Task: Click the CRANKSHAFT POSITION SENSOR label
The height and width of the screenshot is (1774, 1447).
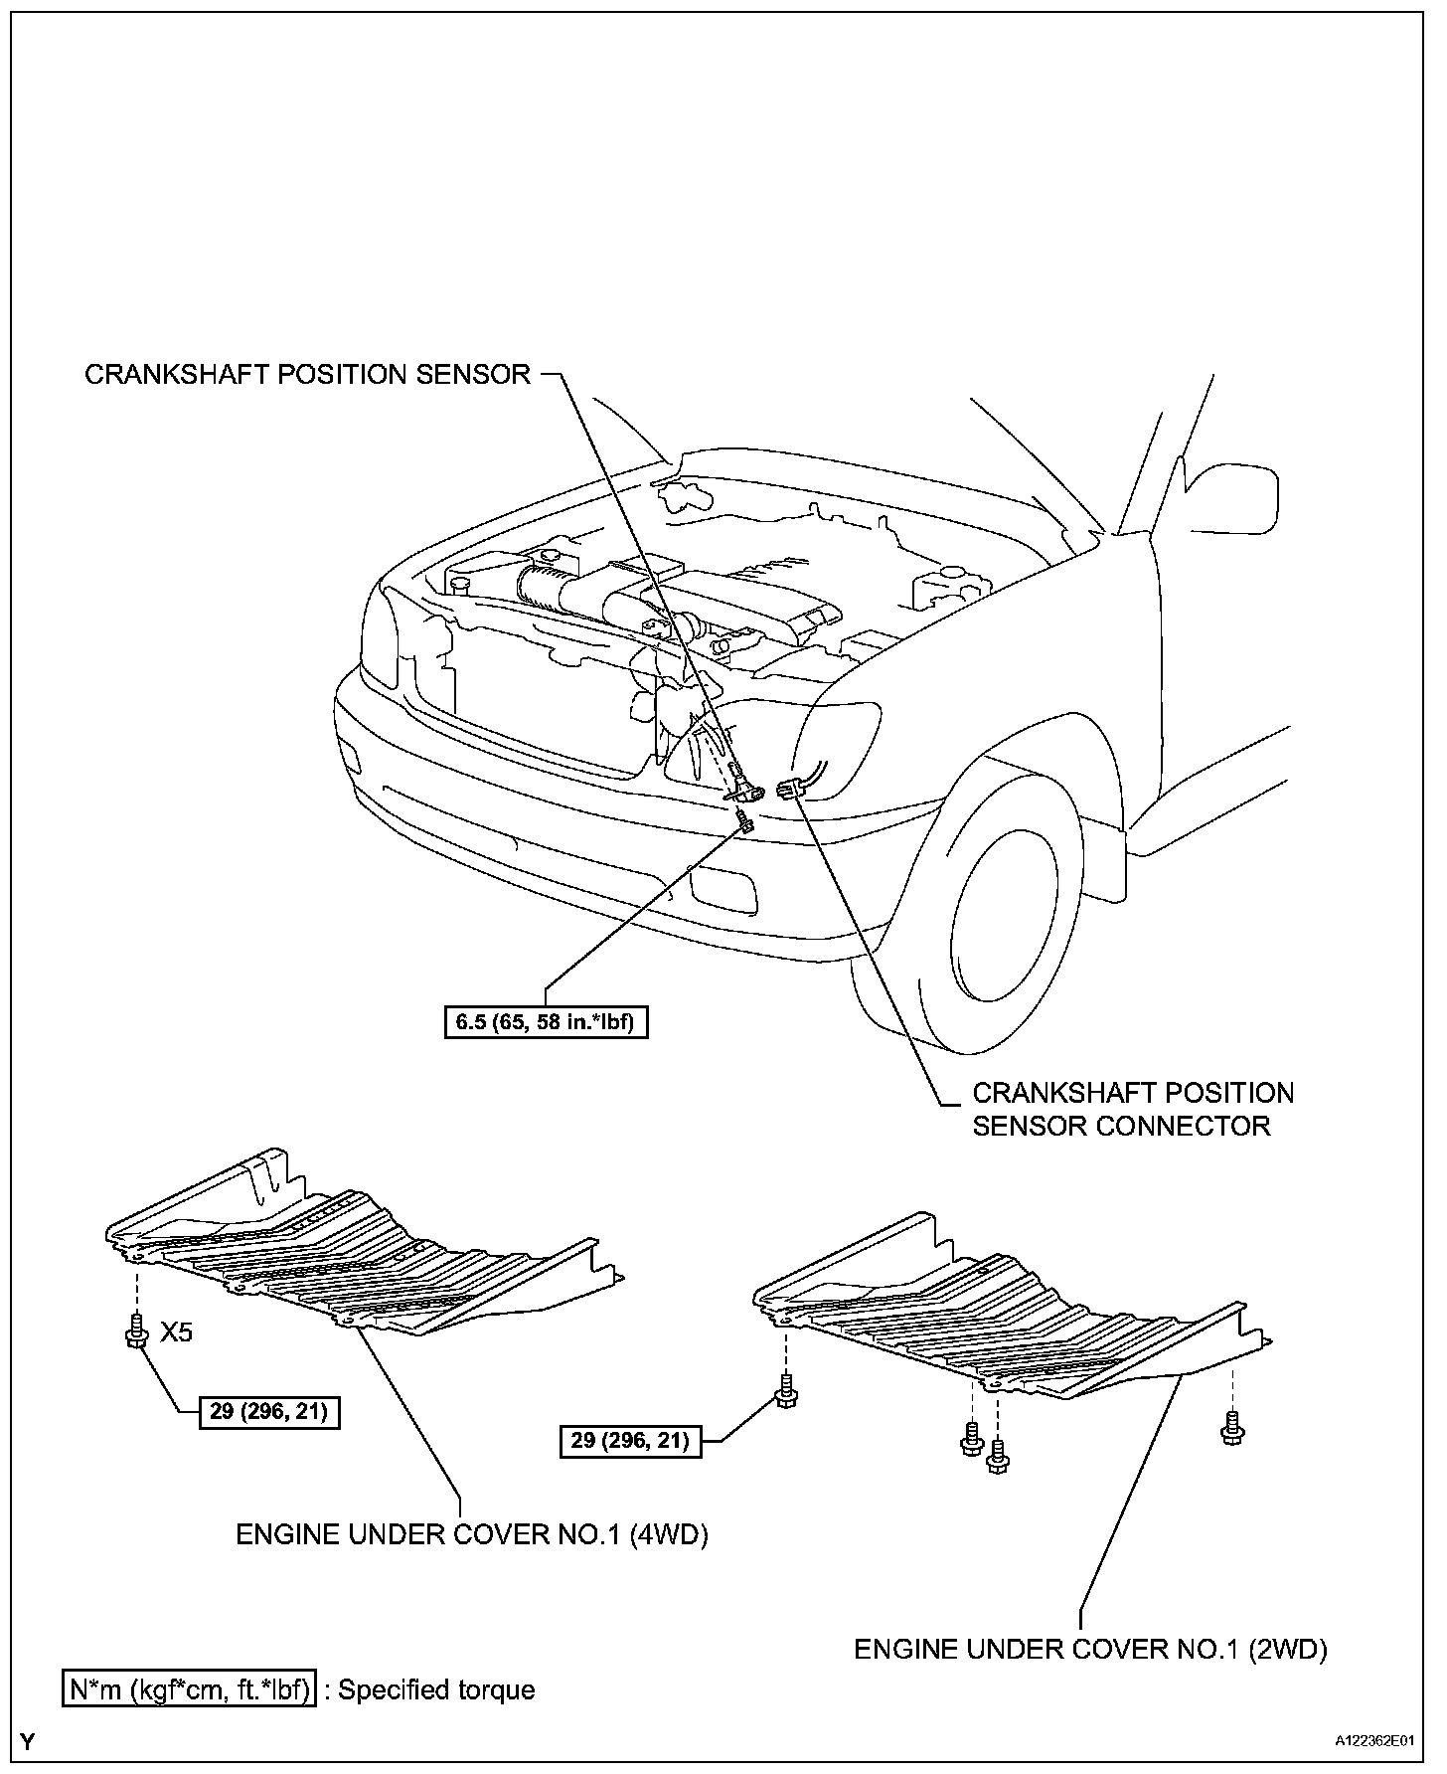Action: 307,375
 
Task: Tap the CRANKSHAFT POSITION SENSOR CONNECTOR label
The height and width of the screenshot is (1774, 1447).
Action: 1132,1109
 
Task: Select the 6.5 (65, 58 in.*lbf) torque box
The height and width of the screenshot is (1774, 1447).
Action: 546,1022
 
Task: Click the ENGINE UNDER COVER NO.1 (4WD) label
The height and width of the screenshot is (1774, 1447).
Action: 471,1534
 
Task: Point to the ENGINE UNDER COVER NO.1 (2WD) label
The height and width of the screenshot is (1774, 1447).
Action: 1090,1650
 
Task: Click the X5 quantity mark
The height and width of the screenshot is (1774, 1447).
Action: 177,1332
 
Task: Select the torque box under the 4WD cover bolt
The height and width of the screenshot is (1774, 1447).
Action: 268,1412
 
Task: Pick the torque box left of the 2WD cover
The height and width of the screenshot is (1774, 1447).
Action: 630,1440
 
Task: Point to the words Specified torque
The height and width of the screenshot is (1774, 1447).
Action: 436,1690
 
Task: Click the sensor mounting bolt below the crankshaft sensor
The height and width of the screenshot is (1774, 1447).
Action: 744,820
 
